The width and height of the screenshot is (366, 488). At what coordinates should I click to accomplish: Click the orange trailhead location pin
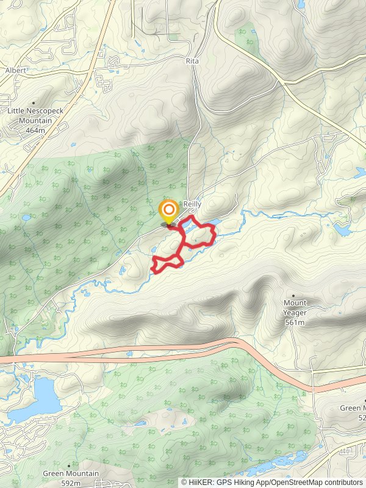pyautogui.click(x=168, y=211)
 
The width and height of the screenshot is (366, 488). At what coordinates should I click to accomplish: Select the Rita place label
pyautogui.click(x=192, y=62)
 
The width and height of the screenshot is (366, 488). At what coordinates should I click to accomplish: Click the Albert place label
pyautogui.click(x=15, y=71)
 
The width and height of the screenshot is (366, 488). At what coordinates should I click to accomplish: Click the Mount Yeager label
pyautogui.click(x=295, y=307)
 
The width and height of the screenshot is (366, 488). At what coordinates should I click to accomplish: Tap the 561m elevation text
pyautogui.click(x=295, y=322)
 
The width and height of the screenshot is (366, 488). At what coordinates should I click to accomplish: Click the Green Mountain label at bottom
pyautogui.click(x=71, y=473)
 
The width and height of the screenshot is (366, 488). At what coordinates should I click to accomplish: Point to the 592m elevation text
pyautogui.click(x=71, y=483)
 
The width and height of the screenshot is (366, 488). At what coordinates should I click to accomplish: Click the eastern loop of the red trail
pyautogui.click(x=200, y=235)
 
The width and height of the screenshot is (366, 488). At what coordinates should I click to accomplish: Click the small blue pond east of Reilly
pyautogui.click(x=342, y=230)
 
